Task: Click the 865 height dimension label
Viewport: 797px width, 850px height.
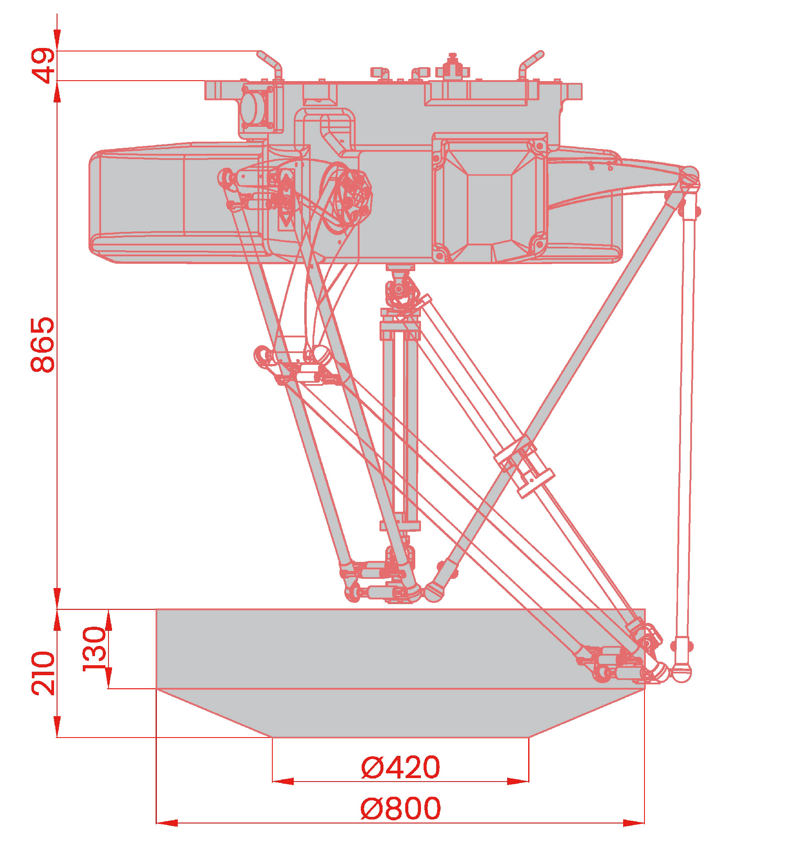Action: click(43, 345)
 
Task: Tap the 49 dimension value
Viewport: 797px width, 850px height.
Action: click(43, 65)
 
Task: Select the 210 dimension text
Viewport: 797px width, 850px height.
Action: click(43, 673)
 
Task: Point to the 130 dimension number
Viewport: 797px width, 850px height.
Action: click(95, 649)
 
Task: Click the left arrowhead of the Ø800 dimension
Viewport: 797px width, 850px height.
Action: click(167, 823)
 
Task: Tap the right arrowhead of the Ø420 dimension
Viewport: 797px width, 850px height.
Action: click(518, 782)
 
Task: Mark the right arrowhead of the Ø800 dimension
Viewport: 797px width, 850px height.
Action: click(634, 823)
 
